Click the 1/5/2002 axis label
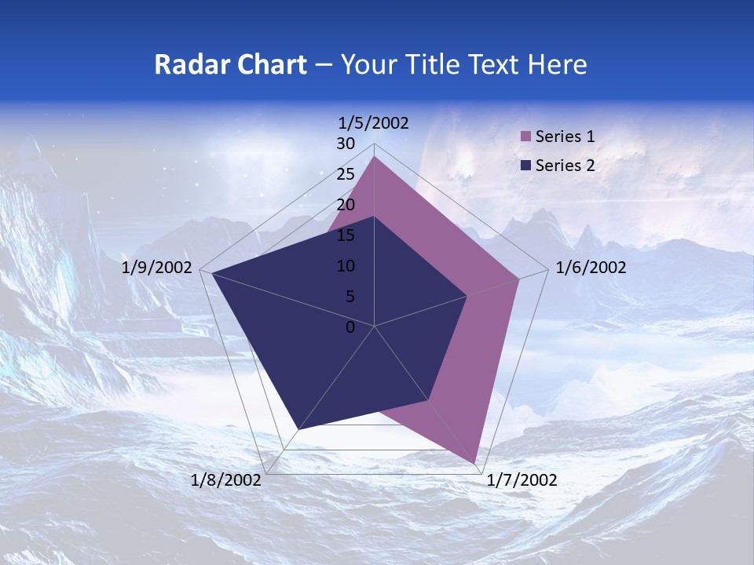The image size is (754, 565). (373, 122)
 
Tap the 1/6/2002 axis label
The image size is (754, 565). (591, 268)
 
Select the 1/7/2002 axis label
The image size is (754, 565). (522, 480)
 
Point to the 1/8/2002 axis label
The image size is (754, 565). (226, 480)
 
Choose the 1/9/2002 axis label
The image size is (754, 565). (157, 268)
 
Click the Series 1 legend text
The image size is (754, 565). (565, 137)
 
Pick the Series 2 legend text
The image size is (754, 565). (565, 165)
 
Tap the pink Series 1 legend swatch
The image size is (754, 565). (526, 137)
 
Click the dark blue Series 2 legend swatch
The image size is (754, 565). (526, 165)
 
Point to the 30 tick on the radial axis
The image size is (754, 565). (346, 144)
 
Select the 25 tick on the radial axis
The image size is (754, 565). (346, 174)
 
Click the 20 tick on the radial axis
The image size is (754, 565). (346, 205)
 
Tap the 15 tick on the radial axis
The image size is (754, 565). (346, 235)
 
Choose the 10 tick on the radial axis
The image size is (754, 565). (346, 266)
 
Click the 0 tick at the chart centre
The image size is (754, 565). (350, 327)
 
